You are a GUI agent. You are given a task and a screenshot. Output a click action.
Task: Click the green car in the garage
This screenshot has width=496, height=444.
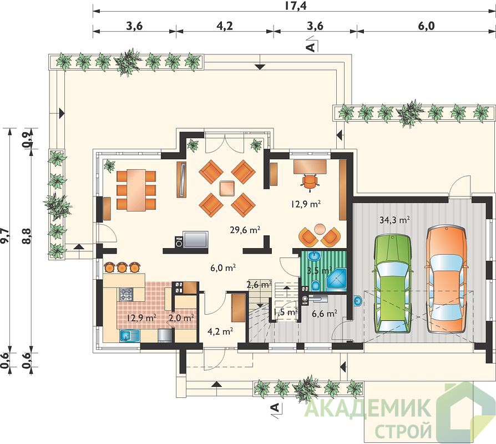(393, 284)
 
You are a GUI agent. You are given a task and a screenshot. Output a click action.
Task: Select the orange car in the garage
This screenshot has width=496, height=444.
(446, 279)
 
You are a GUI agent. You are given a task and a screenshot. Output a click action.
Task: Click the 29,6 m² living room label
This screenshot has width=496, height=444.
(245, 230)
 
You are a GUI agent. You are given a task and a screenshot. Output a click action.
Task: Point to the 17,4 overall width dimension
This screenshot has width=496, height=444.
(296, 6)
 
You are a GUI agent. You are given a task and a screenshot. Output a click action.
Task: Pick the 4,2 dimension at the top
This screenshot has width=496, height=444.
(225, 26)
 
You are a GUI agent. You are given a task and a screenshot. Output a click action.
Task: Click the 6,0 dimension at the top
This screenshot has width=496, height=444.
(427, 26)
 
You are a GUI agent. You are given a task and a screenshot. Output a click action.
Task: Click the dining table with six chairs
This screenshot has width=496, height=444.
(136, 190)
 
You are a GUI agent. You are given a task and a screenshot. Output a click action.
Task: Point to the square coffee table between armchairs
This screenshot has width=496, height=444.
(227, 188)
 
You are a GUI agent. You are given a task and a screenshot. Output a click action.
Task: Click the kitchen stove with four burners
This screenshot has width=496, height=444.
(126, 294)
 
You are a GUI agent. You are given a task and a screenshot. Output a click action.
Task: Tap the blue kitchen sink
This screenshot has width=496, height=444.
(130, 335)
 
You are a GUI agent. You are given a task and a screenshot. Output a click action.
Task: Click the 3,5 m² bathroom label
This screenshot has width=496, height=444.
(319, 271)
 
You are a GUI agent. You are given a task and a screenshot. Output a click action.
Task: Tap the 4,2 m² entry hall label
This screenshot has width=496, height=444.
(220, 331)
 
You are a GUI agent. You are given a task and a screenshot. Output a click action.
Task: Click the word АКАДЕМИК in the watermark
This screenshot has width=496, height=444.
(369, 408)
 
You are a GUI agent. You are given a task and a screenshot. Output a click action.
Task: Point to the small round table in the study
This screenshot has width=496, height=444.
(320, 228)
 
